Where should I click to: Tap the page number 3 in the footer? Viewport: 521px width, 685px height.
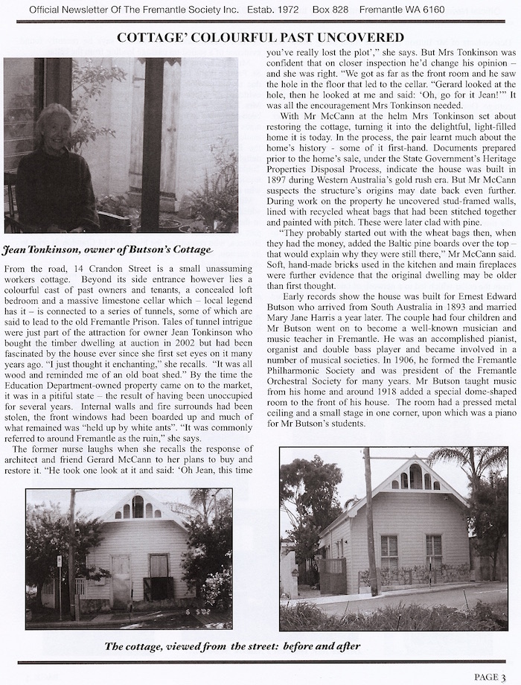pyautogui.click(x=503, y=676)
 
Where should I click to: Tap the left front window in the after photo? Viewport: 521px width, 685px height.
pyautogui.click(x=389, y=551)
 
